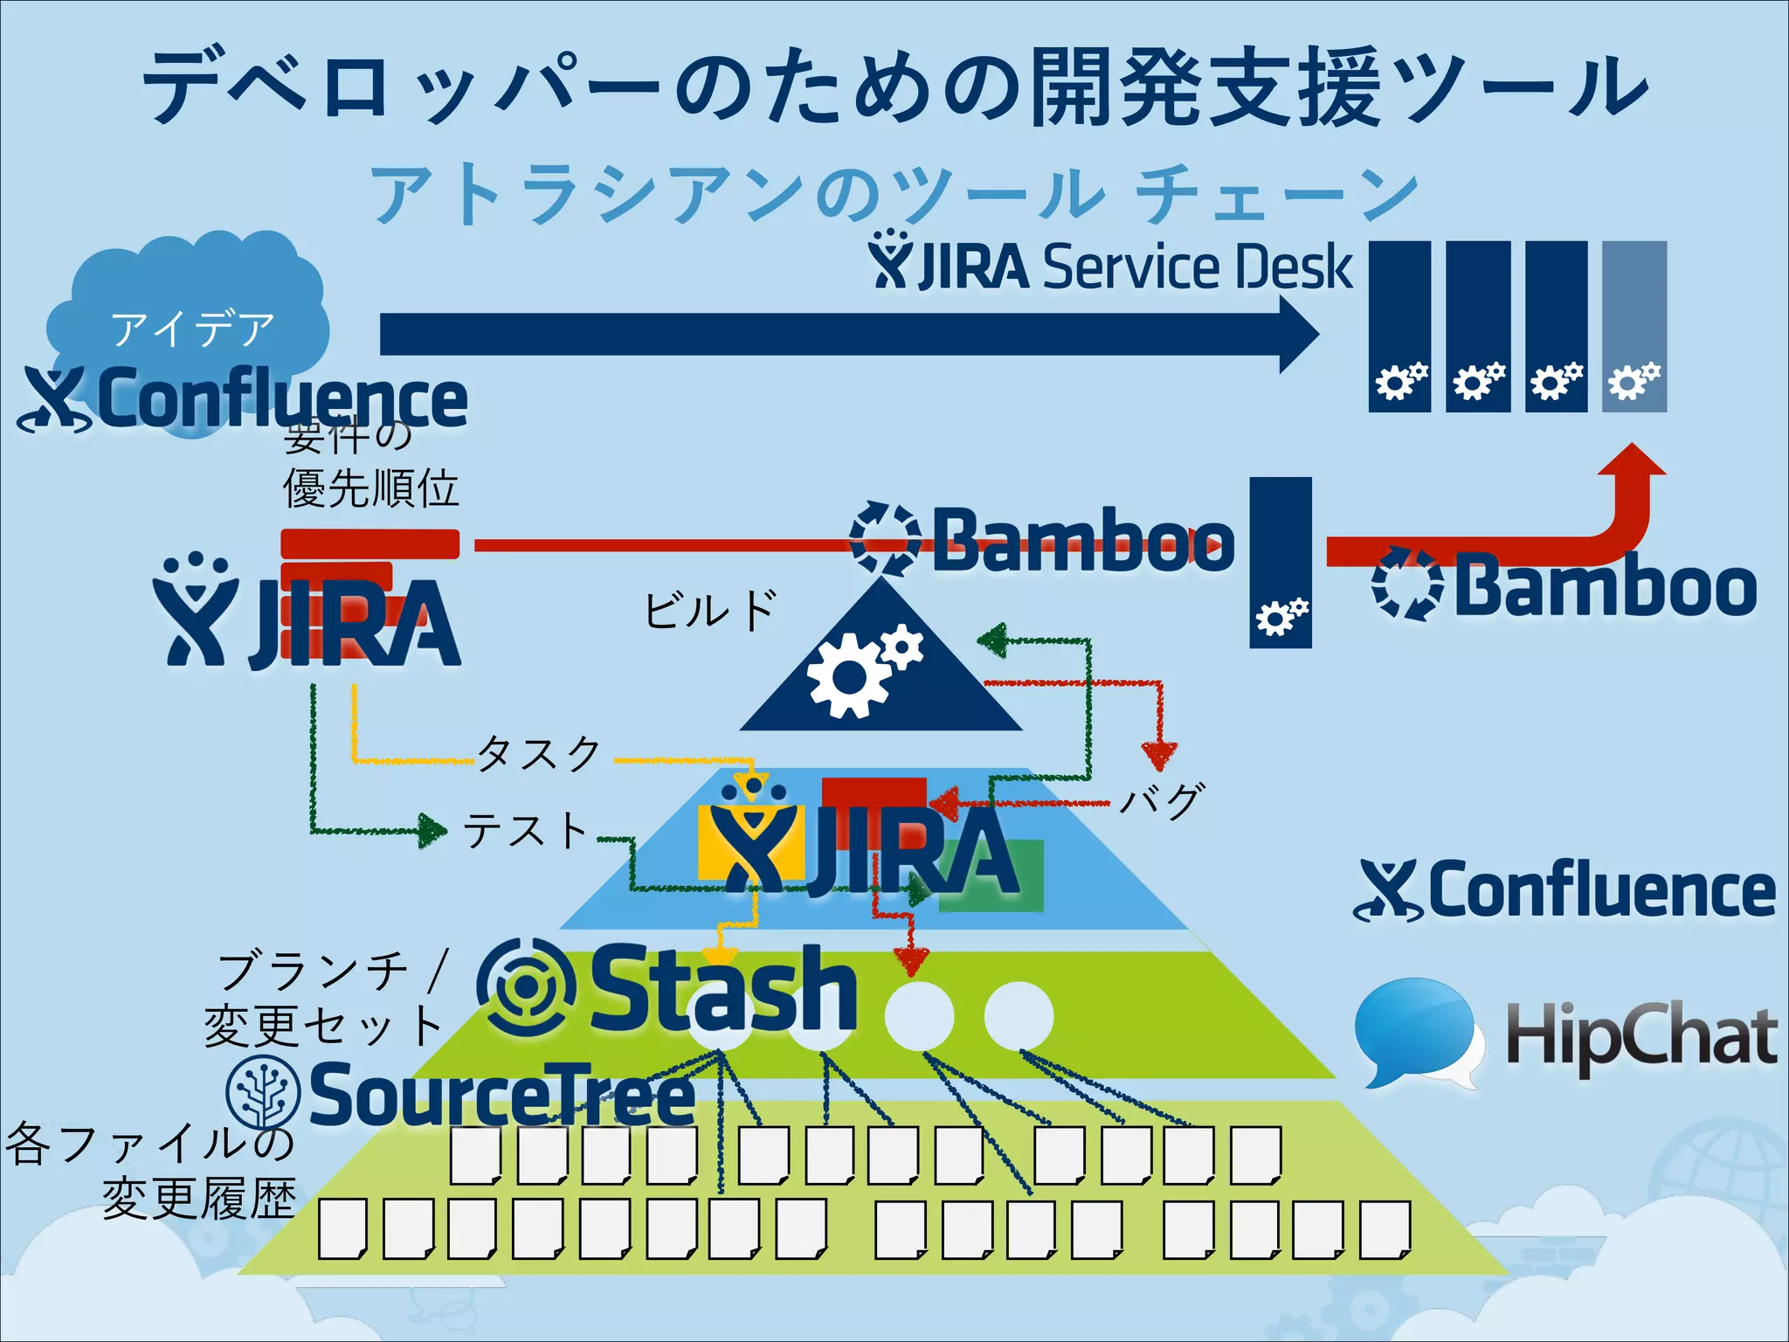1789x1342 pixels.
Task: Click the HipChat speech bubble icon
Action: [x=1415, y=1031]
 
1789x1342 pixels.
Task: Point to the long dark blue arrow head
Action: [x=1298, y=334]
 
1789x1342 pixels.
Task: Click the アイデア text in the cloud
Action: [x=192, y=329]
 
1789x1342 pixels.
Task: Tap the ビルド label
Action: [x=709, y=609]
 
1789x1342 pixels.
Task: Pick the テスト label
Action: [x=525, y=829]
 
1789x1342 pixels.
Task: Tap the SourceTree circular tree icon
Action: [x=263, y=1093]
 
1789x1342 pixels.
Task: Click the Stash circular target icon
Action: [x=526, y=986]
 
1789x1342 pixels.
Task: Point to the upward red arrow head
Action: [x=1631, y=461]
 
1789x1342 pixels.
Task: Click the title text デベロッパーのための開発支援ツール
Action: [x=894, y=87]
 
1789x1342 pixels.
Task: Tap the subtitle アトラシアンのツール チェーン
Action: [x=894, y=194]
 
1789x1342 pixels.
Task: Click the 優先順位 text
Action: [x=370, y=488]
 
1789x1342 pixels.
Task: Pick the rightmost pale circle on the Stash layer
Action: [x=1018, y=1015]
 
